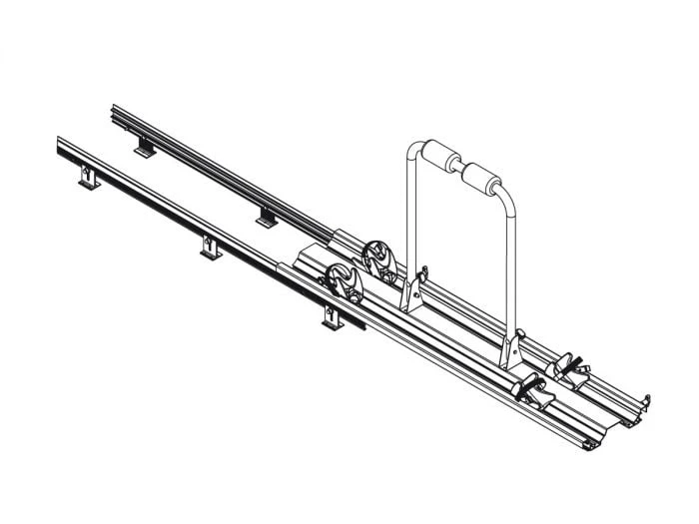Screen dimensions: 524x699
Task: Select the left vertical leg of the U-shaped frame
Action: point(409,220)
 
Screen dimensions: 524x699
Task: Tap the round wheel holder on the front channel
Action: point(344,284)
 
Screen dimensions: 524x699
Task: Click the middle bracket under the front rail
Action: point(210,247)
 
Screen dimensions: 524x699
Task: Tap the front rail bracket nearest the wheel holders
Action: point(332,317)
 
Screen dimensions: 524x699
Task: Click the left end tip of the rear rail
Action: point(112,109)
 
